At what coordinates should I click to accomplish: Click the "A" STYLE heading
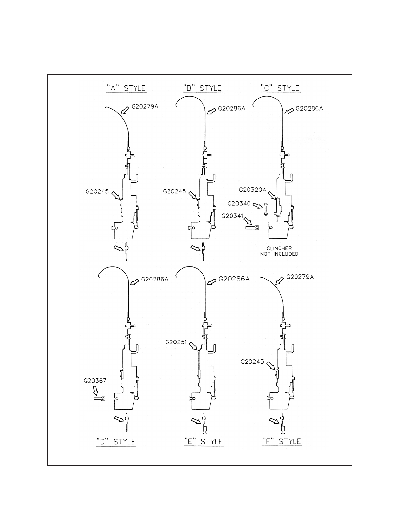click(126, 88)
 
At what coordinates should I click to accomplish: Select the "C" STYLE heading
click(280, 88)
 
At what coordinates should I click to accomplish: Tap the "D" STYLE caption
click(116, 442)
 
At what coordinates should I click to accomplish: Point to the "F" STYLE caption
click(282, 442)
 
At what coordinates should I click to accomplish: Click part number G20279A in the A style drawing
click(145, 106)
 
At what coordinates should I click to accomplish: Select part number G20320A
click(252, 190)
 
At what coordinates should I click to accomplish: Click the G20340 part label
click(239, 204)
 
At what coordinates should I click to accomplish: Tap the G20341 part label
click(232, 216)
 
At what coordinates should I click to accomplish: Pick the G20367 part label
click(95, 381)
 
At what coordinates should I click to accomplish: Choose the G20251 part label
click(176, 342)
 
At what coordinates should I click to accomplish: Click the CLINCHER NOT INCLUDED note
click(279, 251)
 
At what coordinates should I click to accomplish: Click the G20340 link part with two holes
click(266, 209)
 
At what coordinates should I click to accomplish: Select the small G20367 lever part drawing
click(100, 399)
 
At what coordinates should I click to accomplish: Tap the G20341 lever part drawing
click(252, 228)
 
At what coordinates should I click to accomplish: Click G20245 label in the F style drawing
click(252, 362)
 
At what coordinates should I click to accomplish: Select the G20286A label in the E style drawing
click(234, 279)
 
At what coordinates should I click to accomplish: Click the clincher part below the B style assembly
click(203, 252)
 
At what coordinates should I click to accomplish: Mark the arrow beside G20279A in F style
click(280, 281)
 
